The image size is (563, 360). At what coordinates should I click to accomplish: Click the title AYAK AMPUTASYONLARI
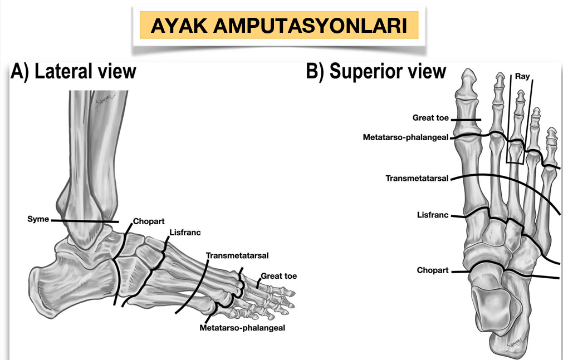[x=278, y=26]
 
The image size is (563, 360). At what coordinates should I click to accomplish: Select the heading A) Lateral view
[x=74, y=71]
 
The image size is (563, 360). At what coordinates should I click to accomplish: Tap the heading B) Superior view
[x=376, y=71]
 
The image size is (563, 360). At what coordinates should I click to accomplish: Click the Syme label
[x=38, y=219]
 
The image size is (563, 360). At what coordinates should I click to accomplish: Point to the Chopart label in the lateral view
[x=149, y=221]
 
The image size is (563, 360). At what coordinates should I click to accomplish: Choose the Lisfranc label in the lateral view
[x=184, y=233]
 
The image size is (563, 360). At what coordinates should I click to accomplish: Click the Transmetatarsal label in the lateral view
[x=237, y=256]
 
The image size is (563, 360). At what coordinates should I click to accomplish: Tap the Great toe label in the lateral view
[x=279, y=276]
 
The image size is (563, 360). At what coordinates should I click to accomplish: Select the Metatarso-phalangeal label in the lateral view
[x=242, y=328]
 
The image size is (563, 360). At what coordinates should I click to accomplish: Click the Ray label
[x=522, y=76]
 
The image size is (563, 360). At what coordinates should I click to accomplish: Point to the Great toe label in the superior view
[x=430, y=118]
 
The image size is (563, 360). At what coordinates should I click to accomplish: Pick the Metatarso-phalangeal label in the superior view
[x=405, y=137]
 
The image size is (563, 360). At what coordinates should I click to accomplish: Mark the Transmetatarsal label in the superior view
[x=417, y=179]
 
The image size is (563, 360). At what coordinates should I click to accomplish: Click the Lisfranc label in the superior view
[x=433, y=215]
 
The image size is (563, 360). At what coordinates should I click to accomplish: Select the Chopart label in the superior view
[x=433, y=270]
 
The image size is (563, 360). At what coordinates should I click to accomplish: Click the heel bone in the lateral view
[x=61, y=284]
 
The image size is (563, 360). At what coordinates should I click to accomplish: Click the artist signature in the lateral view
[x=104, y=100]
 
